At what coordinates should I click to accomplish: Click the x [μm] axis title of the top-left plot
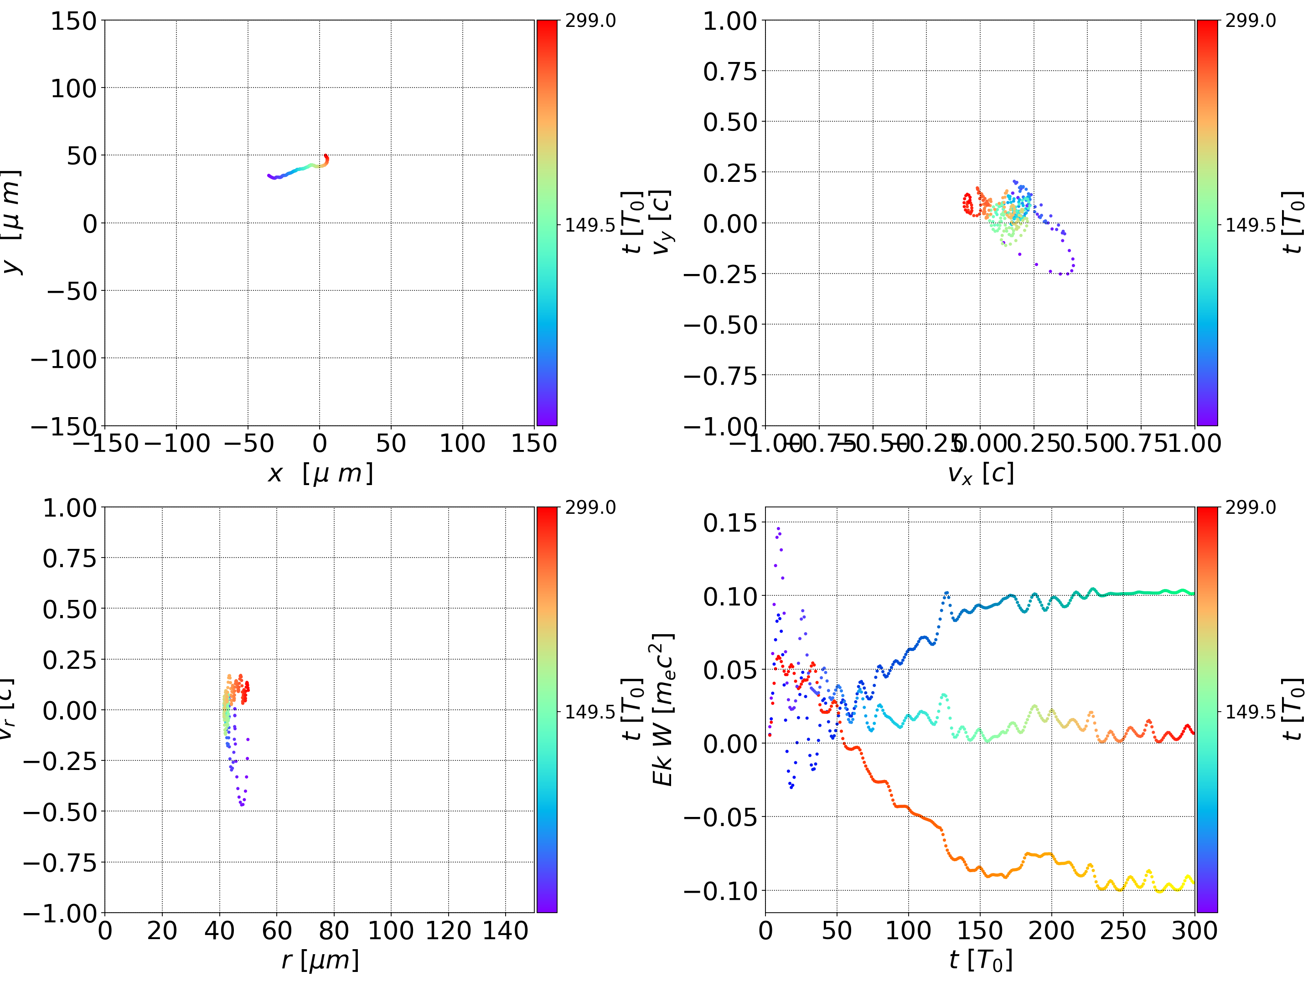320,474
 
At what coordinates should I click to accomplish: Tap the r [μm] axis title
320,960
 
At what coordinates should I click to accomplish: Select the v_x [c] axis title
981,474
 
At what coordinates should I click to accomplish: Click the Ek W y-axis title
662,710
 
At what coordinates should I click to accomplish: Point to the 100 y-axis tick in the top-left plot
73,88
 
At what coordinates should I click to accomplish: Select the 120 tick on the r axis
448,930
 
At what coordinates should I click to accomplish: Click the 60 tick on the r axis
277,930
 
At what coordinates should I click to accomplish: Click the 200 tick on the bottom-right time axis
1051,930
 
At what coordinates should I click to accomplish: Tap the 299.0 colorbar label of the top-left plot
590,21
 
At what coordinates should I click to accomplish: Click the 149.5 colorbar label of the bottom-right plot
1250,712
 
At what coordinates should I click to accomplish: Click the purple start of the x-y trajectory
269,176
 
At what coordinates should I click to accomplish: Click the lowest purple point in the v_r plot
242,806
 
